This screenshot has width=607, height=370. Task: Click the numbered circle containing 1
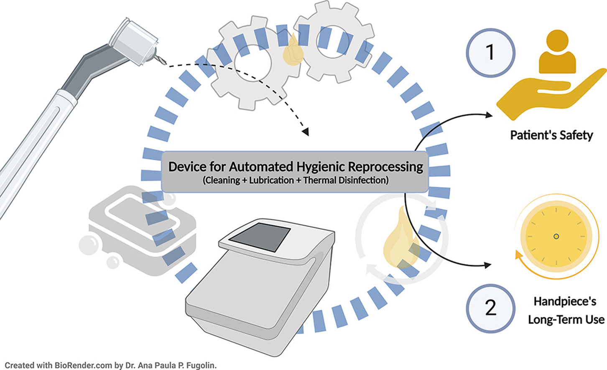click(490, 53)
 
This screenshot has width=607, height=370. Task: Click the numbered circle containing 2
click(490, 308)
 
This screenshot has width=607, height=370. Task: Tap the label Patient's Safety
click(551, 135)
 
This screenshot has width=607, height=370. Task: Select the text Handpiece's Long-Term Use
click(566, 310)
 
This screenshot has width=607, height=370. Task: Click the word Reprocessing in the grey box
click(385, 167)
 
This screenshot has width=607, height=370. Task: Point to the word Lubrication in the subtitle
click(271, 180)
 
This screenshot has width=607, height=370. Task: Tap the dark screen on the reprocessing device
click(260, 237)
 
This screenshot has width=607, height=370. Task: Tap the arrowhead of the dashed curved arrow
click(306, 132)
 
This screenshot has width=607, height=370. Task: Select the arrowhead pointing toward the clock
click(487, 265)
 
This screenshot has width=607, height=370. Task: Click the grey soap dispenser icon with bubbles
click(142, 232)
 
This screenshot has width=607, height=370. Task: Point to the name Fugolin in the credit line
click(200, 365)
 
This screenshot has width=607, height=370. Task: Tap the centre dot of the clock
click(556, 236)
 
